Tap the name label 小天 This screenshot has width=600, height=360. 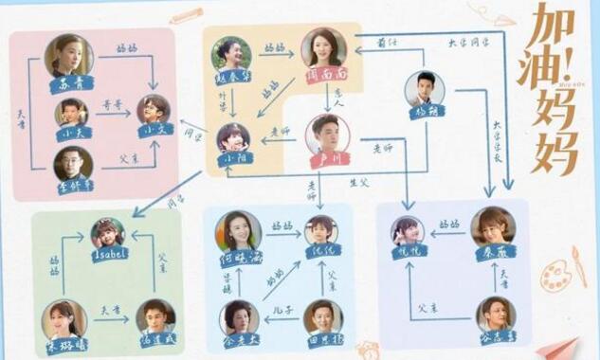(x=70, y=134)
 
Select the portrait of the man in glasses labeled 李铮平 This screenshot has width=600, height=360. (x=73, y=164)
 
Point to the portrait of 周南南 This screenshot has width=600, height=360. (x=324, y=47)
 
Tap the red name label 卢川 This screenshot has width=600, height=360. (x=327, y=158)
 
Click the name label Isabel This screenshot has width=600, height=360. (x=108, y=256)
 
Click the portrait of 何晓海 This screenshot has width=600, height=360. (x=237, y=229)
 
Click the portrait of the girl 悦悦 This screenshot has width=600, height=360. (x=409, y=232)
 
